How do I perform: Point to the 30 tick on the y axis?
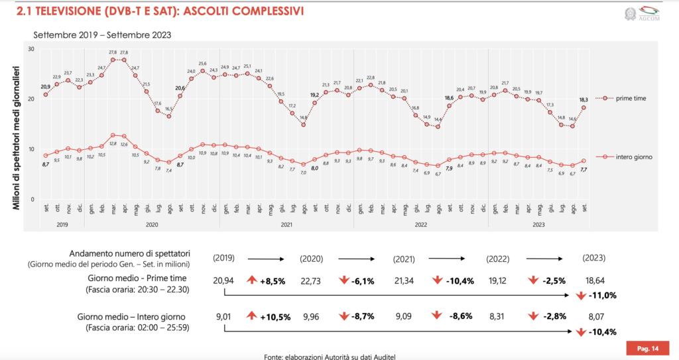[x=31, y=49]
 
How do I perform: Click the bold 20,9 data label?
[x=45, y=87]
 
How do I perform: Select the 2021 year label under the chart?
[x=286, y=225]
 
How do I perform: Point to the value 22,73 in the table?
[x=311, y=281]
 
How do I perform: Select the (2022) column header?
[x=497, y=258]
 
